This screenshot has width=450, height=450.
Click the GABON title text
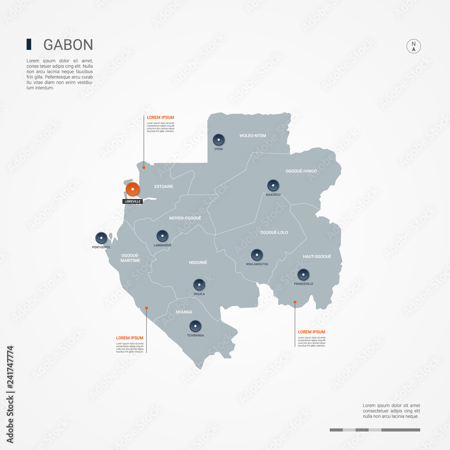click(68, 45)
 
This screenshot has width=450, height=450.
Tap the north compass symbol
click(414, 46)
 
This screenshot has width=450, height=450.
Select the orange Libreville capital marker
click(132, 189)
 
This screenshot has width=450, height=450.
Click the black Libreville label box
click(133, 201)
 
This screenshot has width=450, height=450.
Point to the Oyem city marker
click(219, 140)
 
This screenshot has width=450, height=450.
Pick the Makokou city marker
click(273, 185)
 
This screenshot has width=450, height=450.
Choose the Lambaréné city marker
click(162, 236)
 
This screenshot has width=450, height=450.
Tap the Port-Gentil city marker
click(101, 238)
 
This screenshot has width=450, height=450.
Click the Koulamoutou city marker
click(257, 255)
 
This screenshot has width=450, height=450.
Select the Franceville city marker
click(303, 274)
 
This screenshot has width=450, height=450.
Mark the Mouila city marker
click(199, 284)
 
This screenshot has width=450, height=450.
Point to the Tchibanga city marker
click(195, 326)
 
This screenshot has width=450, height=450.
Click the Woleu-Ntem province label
click(252, 135)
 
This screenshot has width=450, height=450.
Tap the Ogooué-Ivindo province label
click(301, 171)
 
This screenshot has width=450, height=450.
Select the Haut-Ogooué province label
click(317, 256)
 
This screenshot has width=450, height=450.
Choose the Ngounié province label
click(198, 262)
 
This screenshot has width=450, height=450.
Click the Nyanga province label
click(184, 312)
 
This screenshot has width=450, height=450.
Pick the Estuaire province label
click(163, 186)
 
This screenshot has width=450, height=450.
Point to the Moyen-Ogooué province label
click(185, 218)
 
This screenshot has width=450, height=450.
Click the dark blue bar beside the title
click(29, 44)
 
